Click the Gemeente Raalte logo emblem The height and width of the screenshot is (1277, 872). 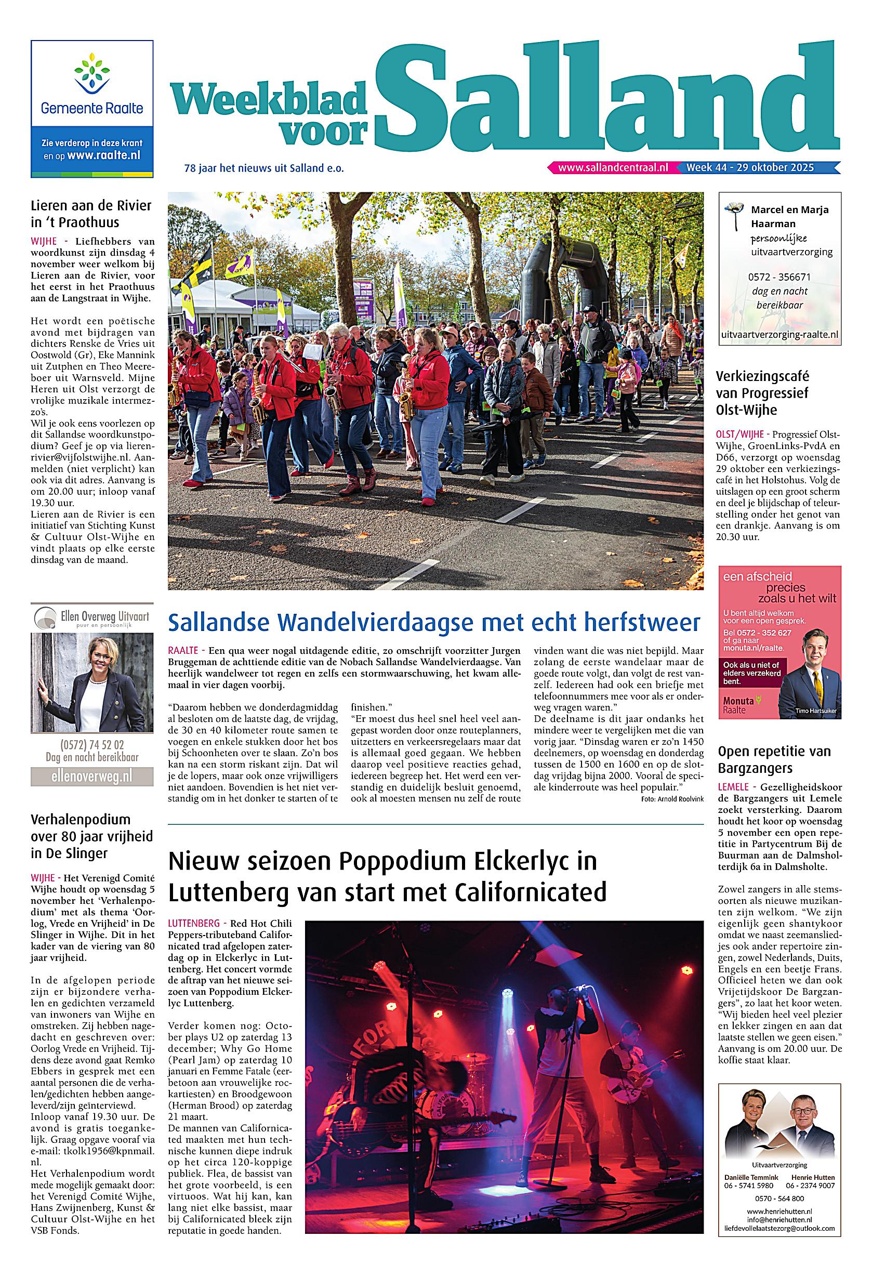click(x=92, y=76)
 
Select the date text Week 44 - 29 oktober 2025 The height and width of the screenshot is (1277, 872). click(x=750, y=167)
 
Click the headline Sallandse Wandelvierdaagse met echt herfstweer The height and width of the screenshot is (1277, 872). click(x=434, y=623)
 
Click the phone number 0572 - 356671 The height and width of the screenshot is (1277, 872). click(x=778, y=277)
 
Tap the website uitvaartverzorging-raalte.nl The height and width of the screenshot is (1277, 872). click(x=779, y=334)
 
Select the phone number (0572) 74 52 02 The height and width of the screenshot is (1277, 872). click(x=92, y=745)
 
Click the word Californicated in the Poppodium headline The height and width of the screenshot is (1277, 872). click(x=530, y=892)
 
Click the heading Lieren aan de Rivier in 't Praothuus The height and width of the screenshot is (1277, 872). click(x=90, y=214)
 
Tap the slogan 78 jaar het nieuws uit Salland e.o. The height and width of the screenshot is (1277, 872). click(x=264, y=169)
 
